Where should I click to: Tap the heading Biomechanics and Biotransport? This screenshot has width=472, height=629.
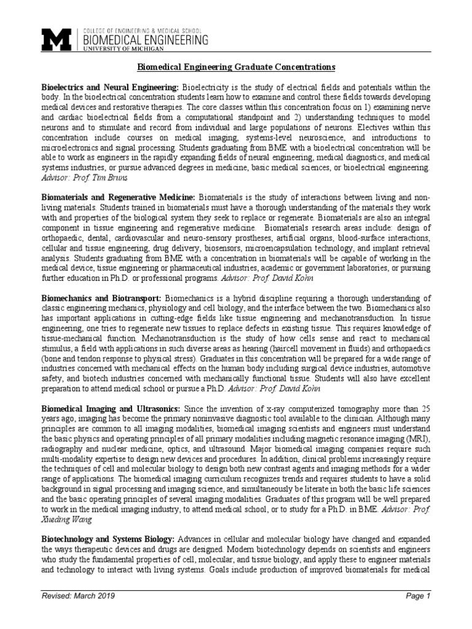click(98, 298)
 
